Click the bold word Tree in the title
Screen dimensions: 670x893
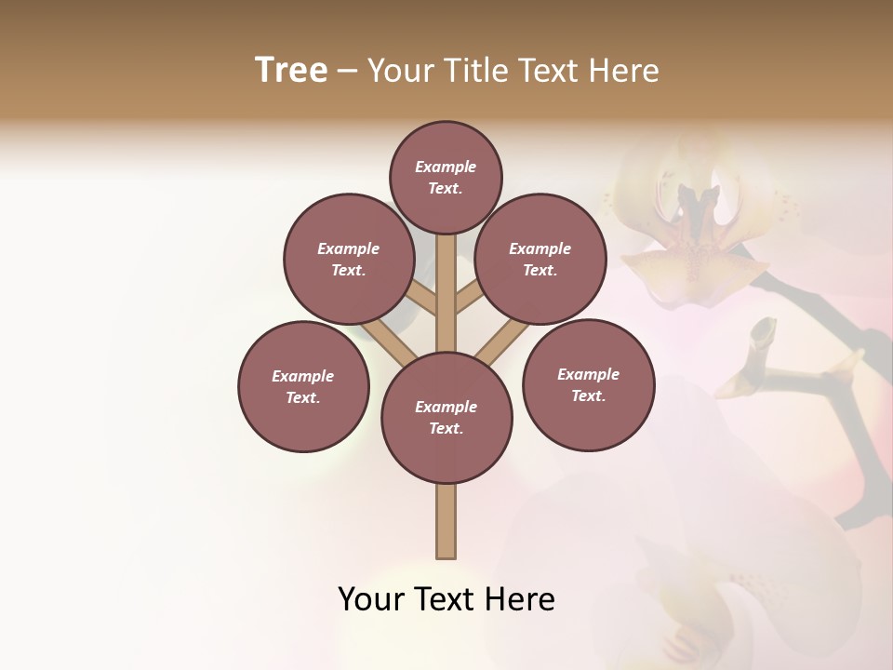pos(291,71)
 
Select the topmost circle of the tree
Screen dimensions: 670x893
pos(446,177)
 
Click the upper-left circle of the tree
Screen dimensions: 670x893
pos(349,259)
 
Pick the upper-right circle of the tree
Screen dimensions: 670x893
pos(540,259)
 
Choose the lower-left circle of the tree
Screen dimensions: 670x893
pos(303,386)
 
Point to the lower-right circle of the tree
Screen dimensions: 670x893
pos(588,384)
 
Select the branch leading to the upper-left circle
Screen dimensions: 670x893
pos(420,300)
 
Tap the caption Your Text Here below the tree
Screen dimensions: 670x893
pos(446,599)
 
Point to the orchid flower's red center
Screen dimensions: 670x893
pos(700,233)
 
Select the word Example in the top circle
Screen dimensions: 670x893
pos(446,167)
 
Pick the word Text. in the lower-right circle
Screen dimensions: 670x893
pos(588,395)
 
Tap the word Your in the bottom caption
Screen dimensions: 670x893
pos(371,599)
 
